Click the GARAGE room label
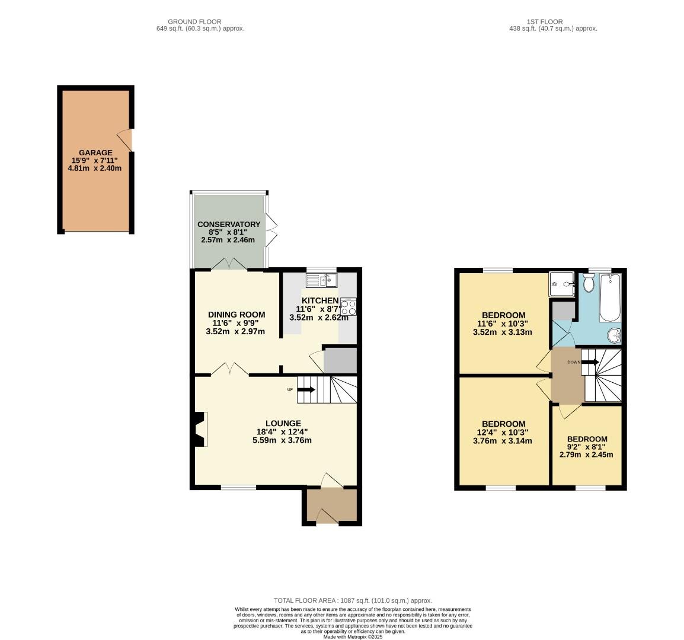[95, 153]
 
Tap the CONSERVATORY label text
[229, 224]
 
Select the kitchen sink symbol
[321, 280]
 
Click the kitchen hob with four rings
[349, 306]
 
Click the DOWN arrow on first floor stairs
[589, 361]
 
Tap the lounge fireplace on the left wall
[200, 428]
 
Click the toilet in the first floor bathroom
[589, 283]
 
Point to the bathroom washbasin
[615, 336]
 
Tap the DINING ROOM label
[236, 314]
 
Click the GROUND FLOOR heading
[194, 22]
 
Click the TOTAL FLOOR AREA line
[352, 600]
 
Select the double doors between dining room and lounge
[230, 370]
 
